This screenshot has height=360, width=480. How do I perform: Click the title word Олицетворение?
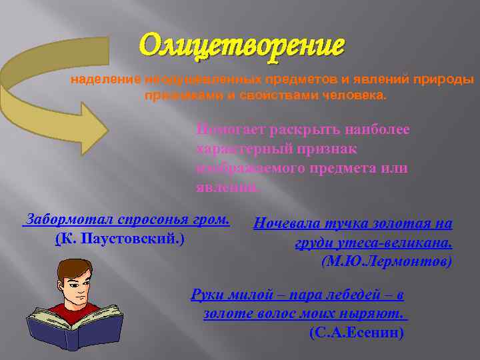[243, 45]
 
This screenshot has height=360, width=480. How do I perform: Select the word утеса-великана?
[383, 242]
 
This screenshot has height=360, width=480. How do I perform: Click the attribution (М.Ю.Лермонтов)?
[387, 261]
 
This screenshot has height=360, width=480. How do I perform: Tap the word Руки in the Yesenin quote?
[207, 294]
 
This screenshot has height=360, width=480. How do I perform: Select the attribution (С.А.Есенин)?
[357, 331]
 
